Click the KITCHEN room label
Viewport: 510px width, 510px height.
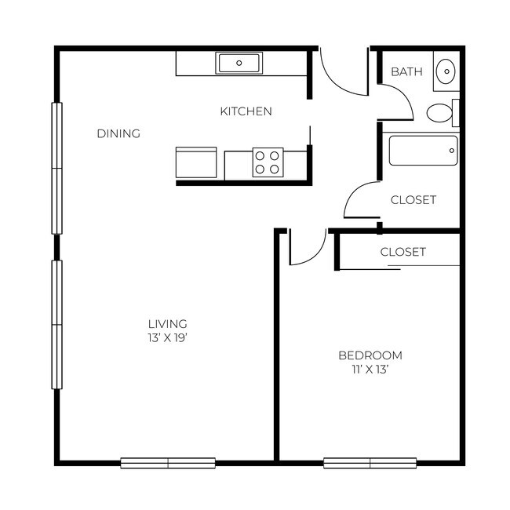[246, 111]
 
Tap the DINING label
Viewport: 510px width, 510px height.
[118, 133]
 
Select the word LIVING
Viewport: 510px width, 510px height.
[167, 323]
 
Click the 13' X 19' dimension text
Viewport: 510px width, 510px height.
[167, 338]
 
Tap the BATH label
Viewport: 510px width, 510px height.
[406, 72]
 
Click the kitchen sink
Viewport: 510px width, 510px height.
[239, 63]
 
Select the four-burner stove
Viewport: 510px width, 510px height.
[267, 162]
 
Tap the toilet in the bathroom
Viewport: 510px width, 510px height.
[442, 114]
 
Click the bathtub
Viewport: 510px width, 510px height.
[423, 151]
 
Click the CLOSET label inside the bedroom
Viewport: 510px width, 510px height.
[403, 252]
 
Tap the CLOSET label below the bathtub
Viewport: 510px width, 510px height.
[413, 200]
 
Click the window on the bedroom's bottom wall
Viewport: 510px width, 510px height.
[370, 463]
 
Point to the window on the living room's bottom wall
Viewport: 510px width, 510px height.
[168, 463]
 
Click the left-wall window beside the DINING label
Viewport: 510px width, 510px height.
[56, 168]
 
